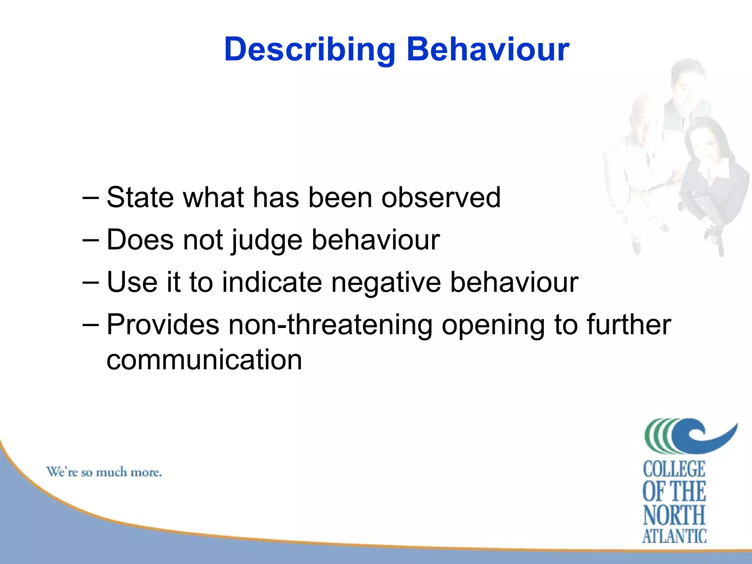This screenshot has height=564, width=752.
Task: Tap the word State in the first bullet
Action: [140, 198]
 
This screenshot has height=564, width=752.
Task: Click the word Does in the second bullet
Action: [140, 240]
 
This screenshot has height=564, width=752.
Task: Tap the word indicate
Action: [272, 282]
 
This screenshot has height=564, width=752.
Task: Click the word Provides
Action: [163, 325]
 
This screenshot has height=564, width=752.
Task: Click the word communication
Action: [204, 360]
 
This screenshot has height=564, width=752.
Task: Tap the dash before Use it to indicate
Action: [90, 283]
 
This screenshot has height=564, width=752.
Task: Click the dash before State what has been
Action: [90, 198]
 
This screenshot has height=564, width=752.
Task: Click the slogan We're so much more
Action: [104, 472]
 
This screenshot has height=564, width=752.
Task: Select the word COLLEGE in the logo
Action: [674, 469]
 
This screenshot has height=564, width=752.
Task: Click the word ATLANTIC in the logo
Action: [674, 536]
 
